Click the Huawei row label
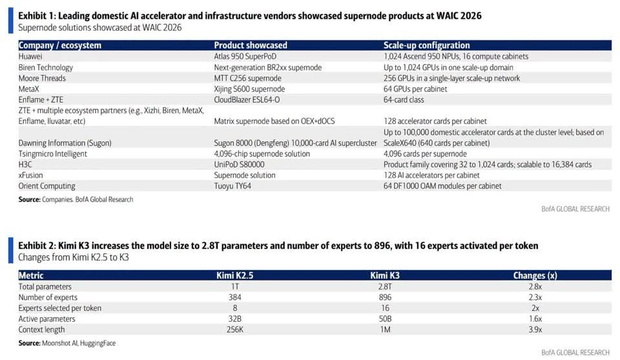click(x=30, y=57)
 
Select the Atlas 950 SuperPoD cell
click(x=245, y=57)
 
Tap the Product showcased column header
click(x=251, y=45)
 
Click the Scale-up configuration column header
click(x=427, y=45)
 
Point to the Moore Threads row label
click(x=42, y=78)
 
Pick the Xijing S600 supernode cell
click(x=249, y=89)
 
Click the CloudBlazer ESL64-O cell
click(x=247, y=100)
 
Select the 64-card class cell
click(x=404, y=100)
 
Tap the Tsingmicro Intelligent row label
click(x=52, y=154)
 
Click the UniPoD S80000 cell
click(x=239, y=165)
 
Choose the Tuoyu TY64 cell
click(x=232, y=186)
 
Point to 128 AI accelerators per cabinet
click(x=431, y=175)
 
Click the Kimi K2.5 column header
click(x=235, y=275)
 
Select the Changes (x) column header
click(x=535, y=275)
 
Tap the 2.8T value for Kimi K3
click(x=385, y=287)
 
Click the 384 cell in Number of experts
click(x=235, y=297)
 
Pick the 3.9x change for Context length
click(x=535, y=330)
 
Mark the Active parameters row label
click(x=46, y=319)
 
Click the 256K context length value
click(x=235, y=330)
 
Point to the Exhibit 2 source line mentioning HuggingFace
click(x=67, y=343)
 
